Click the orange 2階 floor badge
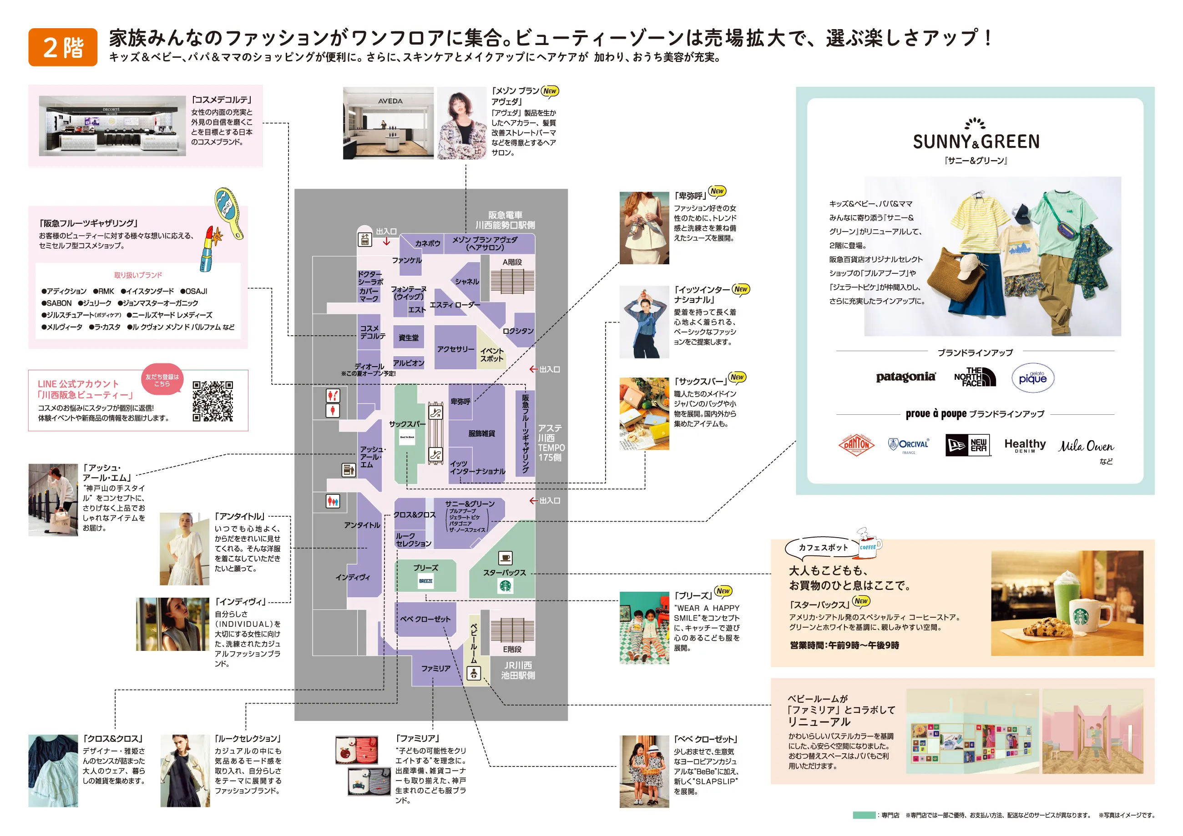[x=63, y=47]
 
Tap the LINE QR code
[x=213, y=401]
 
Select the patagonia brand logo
[x=906, y=377]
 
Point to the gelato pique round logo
[x=1032, y=378]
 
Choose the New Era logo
[x=968, y=445]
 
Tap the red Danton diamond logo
[x=856, y=444]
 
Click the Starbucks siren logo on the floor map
[x=506, y=586]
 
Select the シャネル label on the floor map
[x=467, y=282]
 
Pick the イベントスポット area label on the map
[x=492, y=354]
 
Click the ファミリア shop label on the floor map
[x=436, y=669]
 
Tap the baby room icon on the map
[x=474, y=673]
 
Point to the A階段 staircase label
[x=512, y=262]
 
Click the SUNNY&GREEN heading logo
[x=976, y=136]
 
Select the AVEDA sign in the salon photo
[x=390, y=101]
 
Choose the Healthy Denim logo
[x=1025, y=446]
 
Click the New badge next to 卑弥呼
[x=717, y=191]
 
